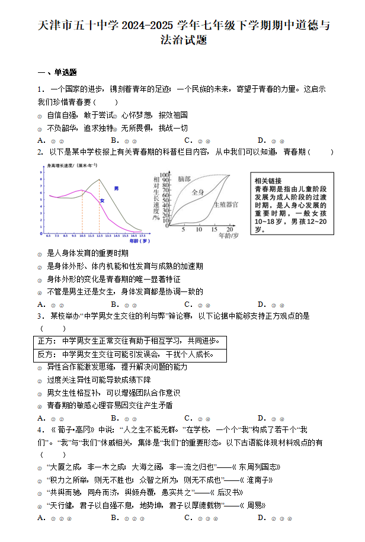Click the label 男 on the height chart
[116, 189]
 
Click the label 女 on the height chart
[102, 201]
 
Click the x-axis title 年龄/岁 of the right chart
[229, 235]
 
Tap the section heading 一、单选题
[57, 72]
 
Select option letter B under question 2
[113, 304]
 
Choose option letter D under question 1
[261, 140]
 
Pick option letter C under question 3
[187, 418]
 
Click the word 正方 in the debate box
[46, 341]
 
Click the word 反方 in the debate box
[46, 354]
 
